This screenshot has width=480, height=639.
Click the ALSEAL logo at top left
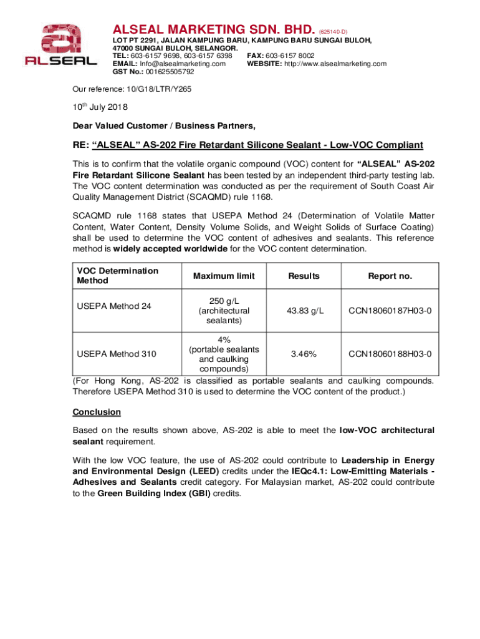pos(60,45)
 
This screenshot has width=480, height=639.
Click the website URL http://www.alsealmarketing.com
pos(335,64)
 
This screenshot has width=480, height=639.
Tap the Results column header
pos(304,276)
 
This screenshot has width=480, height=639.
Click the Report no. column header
pos(390,276)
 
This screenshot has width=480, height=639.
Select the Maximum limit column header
pos(224,276)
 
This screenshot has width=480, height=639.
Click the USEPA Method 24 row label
pos(115,306)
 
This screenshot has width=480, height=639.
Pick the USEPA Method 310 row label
pos(117,354)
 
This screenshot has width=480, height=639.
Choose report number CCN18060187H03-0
pos(390,311)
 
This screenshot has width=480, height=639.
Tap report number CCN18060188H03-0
pos(390,354)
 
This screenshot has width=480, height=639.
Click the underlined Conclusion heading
pos(97,412)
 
